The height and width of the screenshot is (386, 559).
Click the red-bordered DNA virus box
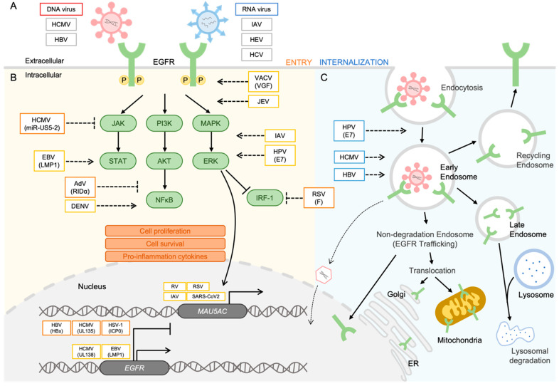(x=61, y=9)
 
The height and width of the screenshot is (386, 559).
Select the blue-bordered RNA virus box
(x=256, y=9)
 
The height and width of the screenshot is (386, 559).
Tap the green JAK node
(x=118, y=123)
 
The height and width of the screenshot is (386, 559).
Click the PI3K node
(x=164, y=123)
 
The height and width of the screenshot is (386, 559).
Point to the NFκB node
(x=164, y=200)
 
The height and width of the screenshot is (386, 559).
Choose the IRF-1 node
(x=265, y=197)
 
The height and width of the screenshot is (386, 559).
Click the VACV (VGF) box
(x=263, y=82)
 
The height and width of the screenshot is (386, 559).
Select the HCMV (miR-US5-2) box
(x=42, y=123)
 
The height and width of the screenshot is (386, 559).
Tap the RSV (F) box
(x=319, y=197)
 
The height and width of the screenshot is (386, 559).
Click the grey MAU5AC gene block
(x=212, y=311)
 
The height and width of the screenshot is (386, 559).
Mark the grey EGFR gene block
(x=134, y=367)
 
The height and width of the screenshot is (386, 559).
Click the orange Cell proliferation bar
(x=165, y=231)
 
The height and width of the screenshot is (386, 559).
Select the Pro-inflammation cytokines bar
(x=165, y=256)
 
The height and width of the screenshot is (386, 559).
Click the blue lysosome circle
(x=533, y=269)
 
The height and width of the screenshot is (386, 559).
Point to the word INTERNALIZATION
(x=353, y=62)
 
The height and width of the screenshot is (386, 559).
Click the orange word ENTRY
(x=299, y=62)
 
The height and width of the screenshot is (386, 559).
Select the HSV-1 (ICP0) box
(x=115, y=328)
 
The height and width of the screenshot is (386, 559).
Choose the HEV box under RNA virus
(x=256, y=39)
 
